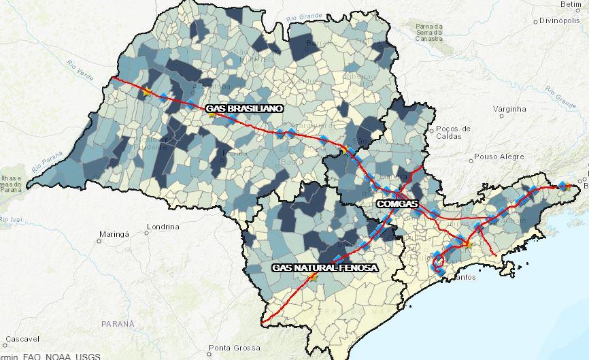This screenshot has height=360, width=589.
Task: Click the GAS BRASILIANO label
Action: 244,108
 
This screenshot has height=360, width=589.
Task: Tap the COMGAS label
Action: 396,203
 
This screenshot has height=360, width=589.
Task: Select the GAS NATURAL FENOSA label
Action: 324,268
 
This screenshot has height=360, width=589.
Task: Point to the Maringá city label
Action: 114,234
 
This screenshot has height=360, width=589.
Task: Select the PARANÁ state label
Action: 118,324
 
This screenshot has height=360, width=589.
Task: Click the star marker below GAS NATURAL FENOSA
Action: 313,278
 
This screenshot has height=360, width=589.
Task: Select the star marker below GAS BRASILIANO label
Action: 212,115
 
